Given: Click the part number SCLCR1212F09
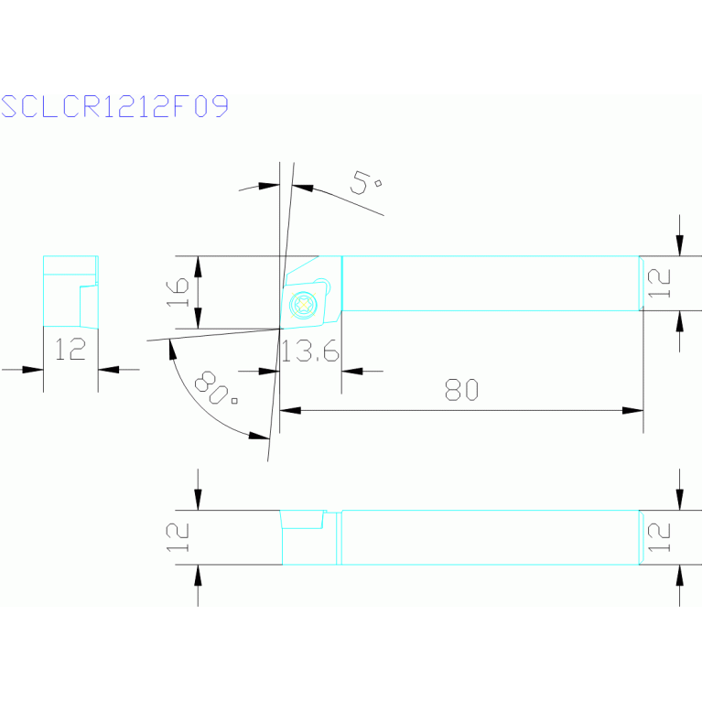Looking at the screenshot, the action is pyautogui.click(x=114, y=106).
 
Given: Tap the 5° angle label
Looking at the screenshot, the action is pyautogui.click(x=365, y=183).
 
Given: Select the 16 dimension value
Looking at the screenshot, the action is pyautogui.click(x=178, y=292).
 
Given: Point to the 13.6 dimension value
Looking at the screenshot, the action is pyautogui.click(x=309, y=351).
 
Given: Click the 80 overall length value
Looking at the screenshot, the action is pyautogui.click(x=461, y=390).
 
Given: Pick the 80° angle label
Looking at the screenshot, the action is pyautogui.click(x=215, y=388).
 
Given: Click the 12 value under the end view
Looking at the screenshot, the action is pyautogui.click(x=70, y=350).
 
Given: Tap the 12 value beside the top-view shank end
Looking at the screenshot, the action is pyautogui.click(x=659, y=283).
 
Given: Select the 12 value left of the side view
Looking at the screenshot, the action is pyautogui.click(x=178, y=537).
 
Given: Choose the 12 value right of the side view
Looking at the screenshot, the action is pyautogui.click(x=659, y=537).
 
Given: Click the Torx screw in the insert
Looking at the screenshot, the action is pyautogui.click(x=304, y=305).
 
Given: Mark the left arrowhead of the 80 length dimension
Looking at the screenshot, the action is pyautogui.click(x=290, y=410).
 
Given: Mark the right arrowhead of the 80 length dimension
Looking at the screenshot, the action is pyautogui.click(x=632, y=410).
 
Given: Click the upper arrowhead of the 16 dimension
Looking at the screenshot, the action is pyautogui.click(x=198, y=267).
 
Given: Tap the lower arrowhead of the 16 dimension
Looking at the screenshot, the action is pyautogui.click(x=198, y=318).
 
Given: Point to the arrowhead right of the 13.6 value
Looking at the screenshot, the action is pyautogui.click(x=351, y=372).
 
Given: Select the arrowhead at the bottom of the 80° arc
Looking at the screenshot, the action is pyautogui.click(x=259, y=436).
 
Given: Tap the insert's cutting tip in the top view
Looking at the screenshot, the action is pyautogui.click(x=281, y=329).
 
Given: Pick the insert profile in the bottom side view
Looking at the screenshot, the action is pyautogui.click(x=302, y=519).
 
